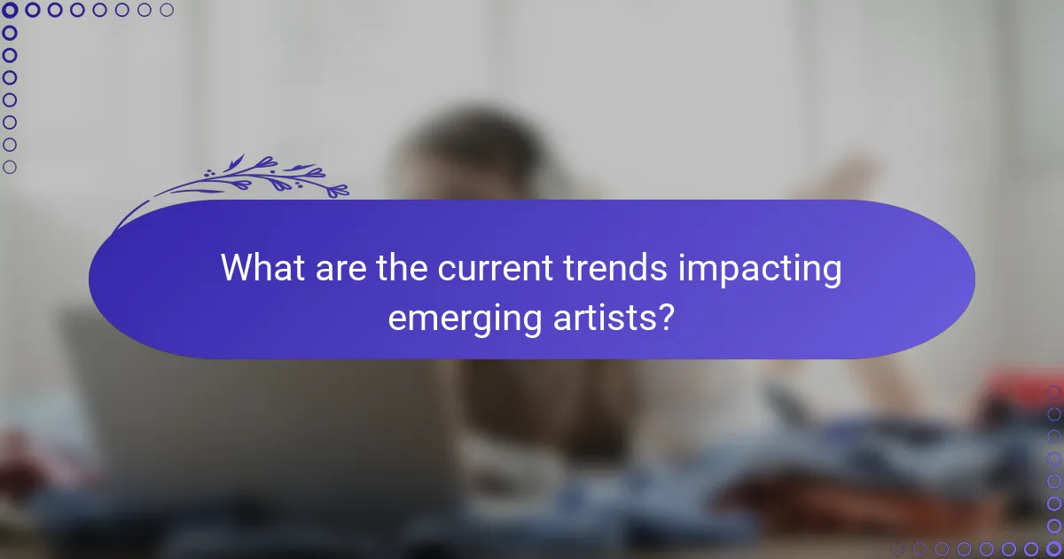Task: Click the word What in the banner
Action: click(261, 268)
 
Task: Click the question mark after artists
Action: click(665, 317)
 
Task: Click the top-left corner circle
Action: click(10, 10)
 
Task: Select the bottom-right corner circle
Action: click(1053, 548)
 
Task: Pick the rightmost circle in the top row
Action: click(167, 10)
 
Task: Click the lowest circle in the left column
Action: click(10, 167)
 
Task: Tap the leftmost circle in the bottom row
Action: click(898, 548)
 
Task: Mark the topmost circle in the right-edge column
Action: click(1053, 392)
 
